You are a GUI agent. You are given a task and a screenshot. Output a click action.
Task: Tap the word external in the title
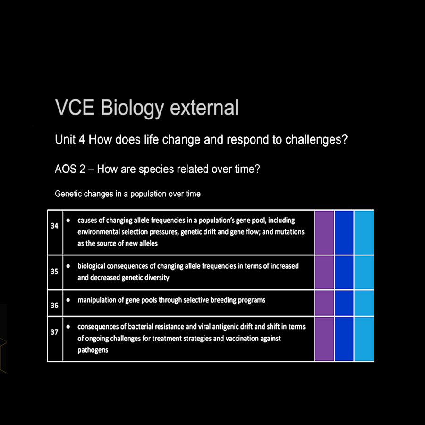point(204,107)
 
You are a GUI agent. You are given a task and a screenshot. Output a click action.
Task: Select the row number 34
point(54,226)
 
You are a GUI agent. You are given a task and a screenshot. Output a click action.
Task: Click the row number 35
point(54,272)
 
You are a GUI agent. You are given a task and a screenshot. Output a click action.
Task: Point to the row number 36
point(54,306)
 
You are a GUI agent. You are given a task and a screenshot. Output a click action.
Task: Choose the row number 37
point(54,332)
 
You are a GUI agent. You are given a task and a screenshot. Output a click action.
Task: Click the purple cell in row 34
point(324,232)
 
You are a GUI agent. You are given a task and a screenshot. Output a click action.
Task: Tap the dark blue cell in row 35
point(344,272)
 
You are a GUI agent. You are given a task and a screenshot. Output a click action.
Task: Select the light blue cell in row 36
point(364,303)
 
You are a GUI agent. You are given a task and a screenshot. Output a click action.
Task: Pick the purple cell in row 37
point(324,339)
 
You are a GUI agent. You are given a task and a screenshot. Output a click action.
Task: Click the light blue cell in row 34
point(364,232)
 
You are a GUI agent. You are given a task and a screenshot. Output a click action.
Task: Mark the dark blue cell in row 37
point(344,339)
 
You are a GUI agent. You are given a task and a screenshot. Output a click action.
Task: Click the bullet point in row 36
point(68,300)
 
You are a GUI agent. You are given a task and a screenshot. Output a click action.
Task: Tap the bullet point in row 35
point(68,266)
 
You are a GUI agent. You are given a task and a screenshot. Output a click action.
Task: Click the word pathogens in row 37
point(93,350)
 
